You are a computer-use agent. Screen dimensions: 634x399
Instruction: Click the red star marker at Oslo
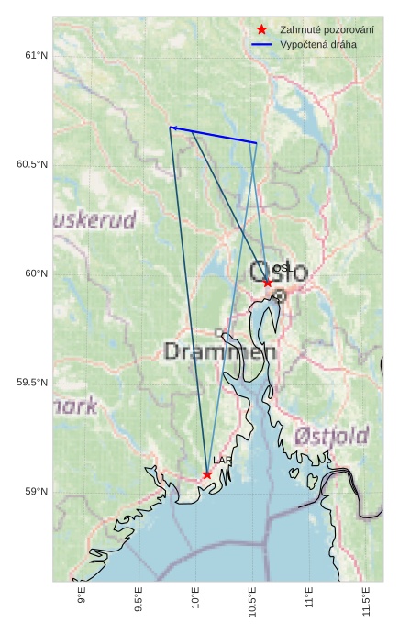pyautogui.click(x=268, y=283)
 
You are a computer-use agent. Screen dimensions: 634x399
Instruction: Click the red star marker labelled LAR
pyautogui.click(x=207, y=474)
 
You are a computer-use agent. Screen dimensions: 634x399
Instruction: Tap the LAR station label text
pyautogui.click(x=222, y=461)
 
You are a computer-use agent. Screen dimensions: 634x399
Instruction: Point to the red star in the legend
pyautogui.click(x=261, y=29)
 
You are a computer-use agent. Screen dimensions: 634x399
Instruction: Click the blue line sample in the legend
pyautogui.click(x=261, y=44)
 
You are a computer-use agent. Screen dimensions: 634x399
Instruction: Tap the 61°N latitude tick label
pyautogui.click(x=36, y=56)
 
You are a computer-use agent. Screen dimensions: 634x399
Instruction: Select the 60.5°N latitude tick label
pyautogui.click(x=32, y=165)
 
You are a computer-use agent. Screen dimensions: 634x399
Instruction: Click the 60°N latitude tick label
pyautogui.click(x=36, y=273)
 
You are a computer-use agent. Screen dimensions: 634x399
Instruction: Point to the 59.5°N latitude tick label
pyautogui.click(x=32, y=383)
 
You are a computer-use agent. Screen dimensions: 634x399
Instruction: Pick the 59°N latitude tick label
pyautogui.click(x=36, y=492)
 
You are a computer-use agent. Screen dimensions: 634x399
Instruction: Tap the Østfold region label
pyautogui.click(x=332, y=434)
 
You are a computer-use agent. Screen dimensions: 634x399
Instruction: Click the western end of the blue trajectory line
pyautogui.click(x=172, y=128)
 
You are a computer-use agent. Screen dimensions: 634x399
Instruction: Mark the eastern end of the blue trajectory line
pyautogui.click(x=256, y=143)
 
